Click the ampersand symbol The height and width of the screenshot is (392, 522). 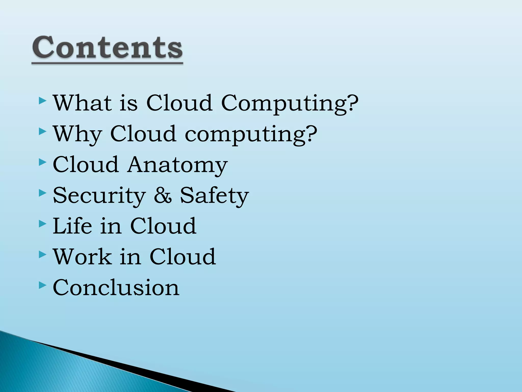[x=163, y=195]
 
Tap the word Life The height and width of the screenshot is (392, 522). [x=72, y=226]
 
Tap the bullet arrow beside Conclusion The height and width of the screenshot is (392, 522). [x=43, y=285]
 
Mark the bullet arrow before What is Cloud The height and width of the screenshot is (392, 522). [x=43, y=101]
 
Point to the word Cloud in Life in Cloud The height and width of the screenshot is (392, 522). [x=163, y=226]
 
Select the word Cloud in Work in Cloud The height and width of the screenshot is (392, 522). [x=182, y=257]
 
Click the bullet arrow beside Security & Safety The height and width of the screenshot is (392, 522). [x=43, y=193]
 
